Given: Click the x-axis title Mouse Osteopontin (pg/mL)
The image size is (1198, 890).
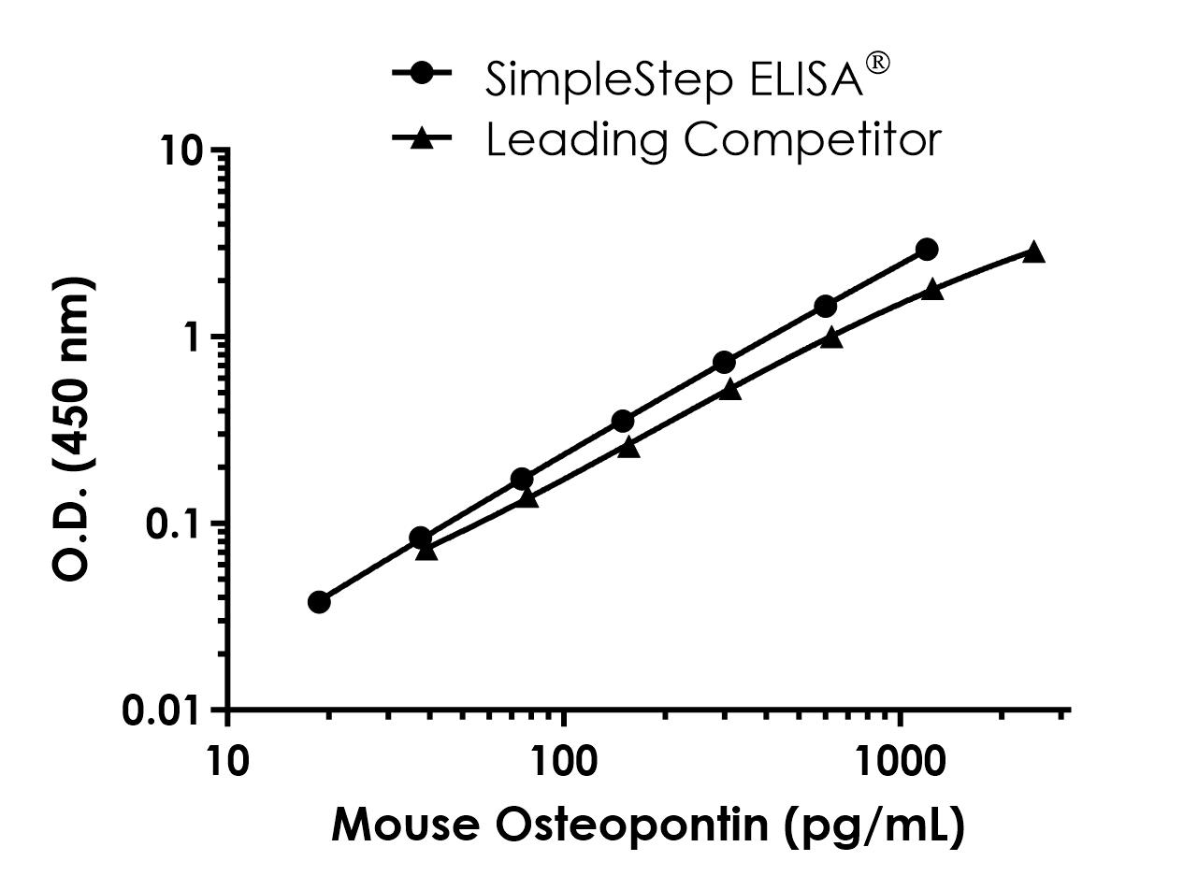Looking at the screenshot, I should (647, 825).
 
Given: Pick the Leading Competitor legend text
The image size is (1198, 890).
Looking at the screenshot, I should (713, 139).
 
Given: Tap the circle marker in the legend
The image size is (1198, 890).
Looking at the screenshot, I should (422, 72).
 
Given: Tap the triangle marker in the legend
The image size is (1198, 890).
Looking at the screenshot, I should (422, 137).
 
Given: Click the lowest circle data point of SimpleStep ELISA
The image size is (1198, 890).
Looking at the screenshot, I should (319, 601).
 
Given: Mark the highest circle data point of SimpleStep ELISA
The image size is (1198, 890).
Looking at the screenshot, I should (927, 249).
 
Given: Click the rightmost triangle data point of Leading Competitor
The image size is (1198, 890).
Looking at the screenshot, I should (1033, 251).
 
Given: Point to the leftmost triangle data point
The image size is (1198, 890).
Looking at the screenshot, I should (426, 551).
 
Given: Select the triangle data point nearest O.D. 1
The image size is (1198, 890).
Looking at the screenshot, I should (831, 337).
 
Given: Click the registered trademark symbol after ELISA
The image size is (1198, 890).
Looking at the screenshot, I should (878, 64).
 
